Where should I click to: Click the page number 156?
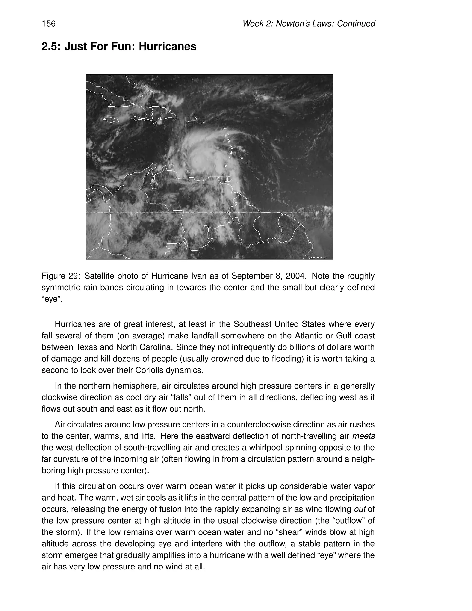[x=49, y=24]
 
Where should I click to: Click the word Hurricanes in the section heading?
[x=168, y=46]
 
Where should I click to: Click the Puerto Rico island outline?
[x=191, y=119]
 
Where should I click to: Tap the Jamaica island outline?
[x=111, y=120]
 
